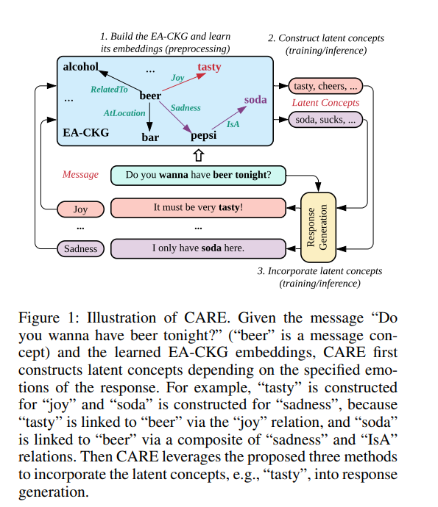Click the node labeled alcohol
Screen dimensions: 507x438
80,67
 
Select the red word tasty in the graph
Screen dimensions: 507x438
208,68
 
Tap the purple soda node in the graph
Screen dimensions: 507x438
255,99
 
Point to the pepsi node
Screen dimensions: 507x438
204,136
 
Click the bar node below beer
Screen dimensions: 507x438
150,136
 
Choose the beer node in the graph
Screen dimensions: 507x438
150,96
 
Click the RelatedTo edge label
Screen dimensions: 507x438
109,90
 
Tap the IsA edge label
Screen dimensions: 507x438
232,124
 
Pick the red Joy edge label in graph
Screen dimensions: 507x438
177,78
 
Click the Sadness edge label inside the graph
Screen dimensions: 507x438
186,108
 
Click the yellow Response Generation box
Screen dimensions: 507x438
319,227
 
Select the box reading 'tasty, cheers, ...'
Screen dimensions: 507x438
325,87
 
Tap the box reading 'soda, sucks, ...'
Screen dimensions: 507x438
325,120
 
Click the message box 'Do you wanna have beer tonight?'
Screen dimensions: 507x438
198,175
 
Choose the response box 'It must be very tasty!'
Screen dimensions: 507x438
198,208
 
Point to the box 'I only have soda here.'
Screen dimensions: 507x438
198,248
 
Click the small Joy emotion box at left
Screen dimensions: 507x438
80,209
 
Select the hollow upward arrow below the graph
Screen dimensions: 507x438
197,155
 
